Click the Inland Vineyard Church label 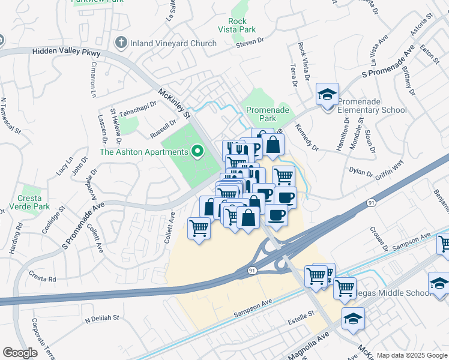pos(173,43)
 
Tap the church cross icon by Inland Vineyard pos(121,43)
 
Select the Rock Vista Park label pos(238,25)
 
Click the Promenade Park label pos(268,115)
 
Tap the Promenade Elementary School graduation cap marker pos(327,95)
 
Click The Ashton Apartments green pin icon pos(196,151)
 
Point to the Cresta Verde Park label pos(29,203)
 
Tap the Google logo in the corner pos(20,352)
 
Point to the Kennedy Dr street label pos(307,136)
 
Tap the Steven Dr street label pos(250,43)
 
